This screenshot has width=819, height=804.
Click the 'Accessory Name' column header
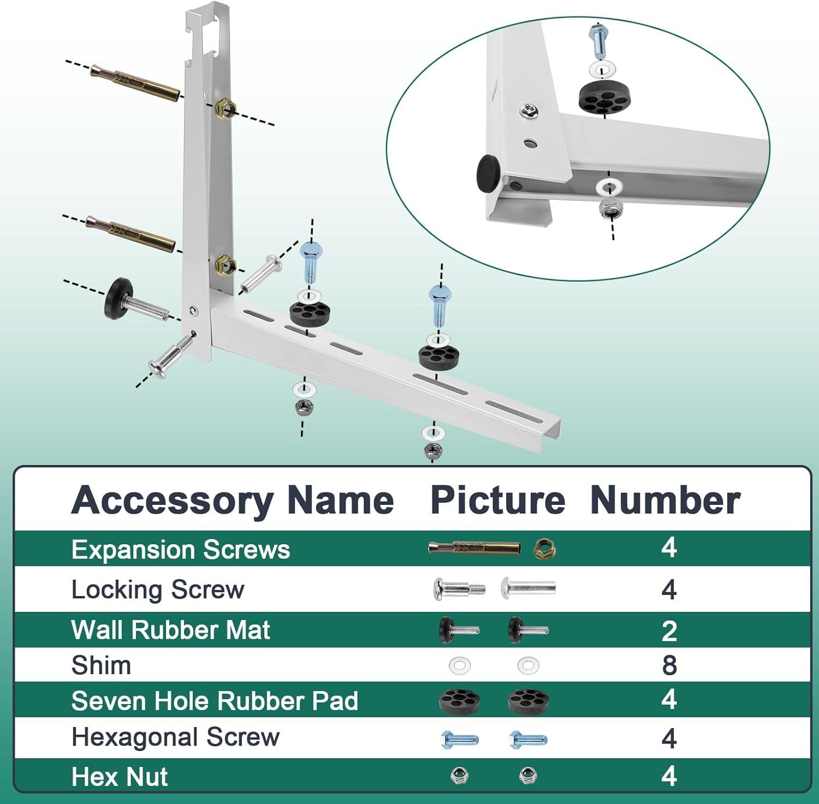(233, 500)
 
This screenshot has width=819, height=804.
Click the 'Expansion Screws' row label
(180, 549)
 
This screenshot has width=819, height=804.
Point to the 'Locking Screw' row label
(158, 589)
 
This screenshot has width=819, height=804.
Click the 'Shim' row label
(101, 665)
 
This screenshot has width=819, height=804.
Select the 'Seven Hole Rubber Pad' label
(215, 701)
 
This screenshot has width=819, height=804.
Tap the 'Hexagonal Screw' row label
(175, 737)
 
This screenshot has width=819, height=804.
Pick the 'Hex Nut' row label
(119, 776)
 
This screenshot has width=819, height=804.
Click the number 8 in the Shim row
(669, 665)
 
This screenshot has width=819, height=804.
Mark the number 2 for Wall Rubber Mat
(669, 630)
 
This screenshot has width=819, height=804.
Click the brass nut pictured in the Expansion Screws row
(544, 548)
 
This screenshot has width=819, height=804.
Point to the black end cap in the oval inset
(489, 172)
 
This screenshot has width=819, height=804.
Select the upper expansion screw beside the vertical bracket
(134, 84)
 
